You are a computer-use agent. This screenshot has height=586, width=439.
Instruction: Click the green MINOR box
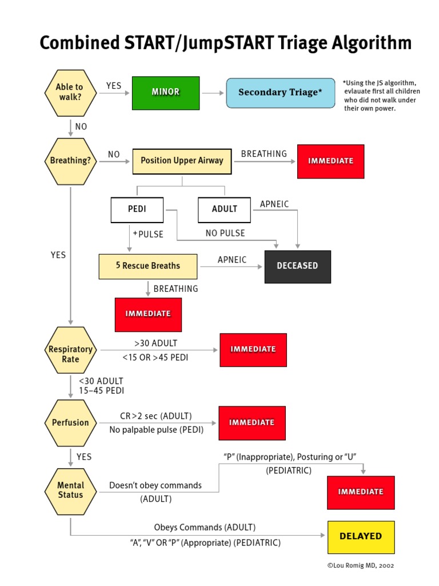click(166, 93)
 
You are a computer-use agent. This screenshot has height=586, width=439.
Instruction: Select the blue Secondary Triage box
click(281, 93)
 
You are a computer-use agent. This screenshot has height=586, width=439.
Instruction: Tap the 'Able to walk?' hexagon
click(70, 92)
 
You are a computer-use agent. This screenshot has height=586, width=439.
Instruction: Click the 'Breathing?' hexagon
click(70, 161)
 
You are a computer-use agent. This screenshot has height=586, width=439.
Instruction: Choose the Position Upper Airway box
click(182, 161)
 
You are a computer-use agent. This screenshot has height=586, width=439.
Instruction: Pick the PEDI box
click(137, 209)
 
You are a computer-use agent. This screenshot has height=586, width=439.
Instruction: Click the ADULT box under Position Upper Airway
click(224, 209)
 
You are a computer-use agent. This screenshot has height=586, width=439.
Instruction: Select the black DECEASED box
click(297, 266)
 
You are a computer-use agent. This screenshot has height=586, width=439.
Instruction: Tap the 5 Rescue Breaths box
click(147, 266)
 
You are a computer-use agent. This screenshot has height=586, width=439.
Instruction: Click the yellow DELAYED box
click(361, 537)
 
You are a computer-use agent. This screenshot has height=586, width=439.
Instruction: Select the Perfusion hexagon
click(70, 423)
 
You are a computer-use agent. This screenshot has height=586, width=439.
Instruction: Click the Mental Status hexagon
click(70, 490)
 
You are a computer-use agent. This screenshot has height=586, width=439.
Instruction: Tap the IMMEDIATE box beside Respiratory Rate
click(253, 350)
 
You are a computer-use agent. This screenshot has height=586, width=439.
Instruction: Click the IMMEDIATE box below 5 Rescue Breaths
click(148, 314)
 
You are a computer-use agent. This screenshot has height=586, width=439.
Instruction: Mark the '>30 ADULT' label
click(156, 343)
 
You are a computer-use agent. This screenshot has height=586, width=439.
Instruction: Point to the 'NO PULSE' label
click(225, 233)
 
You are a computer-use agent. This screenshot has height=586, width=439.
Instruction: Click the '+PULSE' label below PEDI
click(148, 234)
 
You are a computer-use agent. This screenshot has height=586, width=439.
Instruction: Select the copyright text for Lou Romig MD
click(360, 565)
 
